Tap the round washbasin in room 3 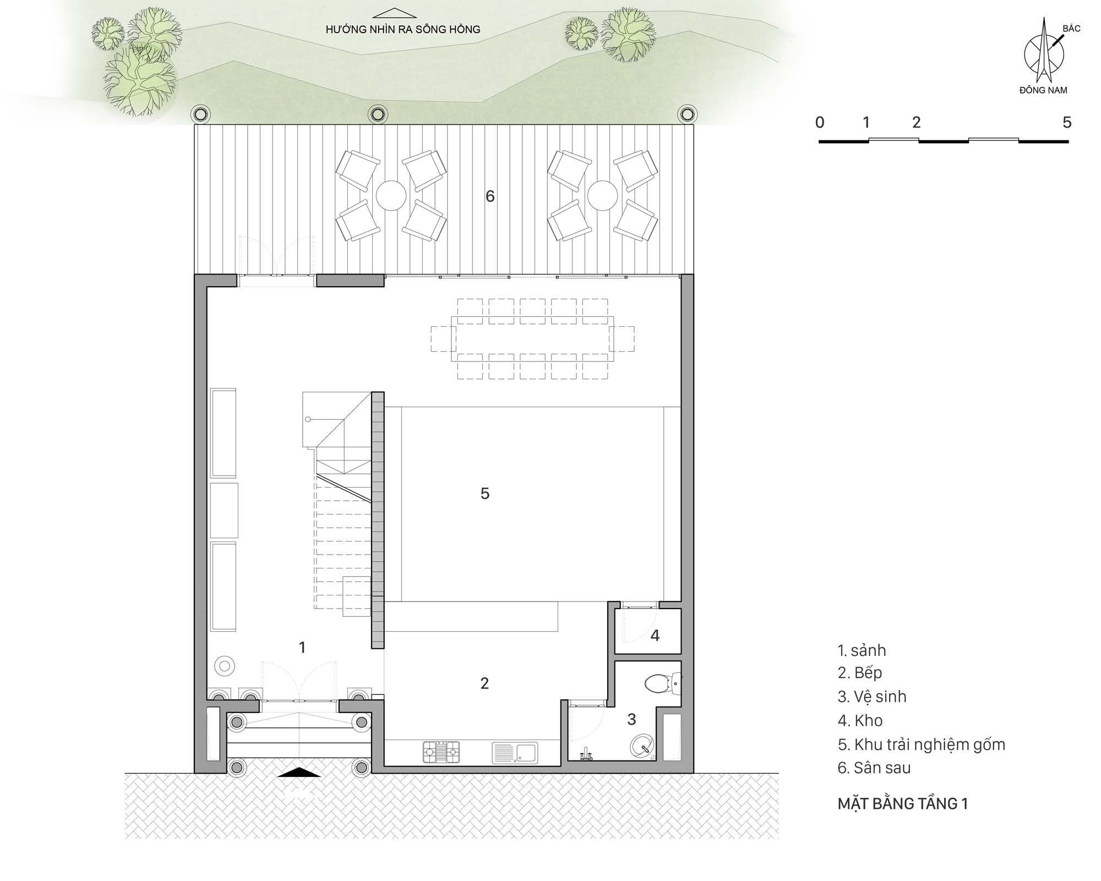[642, 746]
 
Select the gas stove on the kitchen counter [441, 752]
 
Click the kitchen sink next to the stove [515, 752]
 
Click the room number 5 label [484, 494]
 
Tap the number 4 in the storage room [655, 636]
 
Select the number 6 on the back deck [490, 196]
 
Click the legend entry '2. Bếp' [860, 672]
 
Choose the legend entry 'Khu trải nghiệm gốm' [930, 745]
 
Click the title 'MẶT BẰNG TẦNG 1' [903, 804]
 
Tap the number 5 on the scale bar [1067, 122]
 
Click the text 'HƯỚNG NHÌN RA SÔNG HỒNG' [403, 30]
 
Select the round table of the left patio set [391, 195]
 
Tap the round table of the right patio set [602, 195]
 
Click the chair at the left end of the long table [443, 339]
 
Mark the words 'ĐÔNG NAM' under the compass [1043, 90]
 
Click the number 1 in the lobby [302, 648]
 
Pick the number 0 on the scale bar [820, 122]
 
